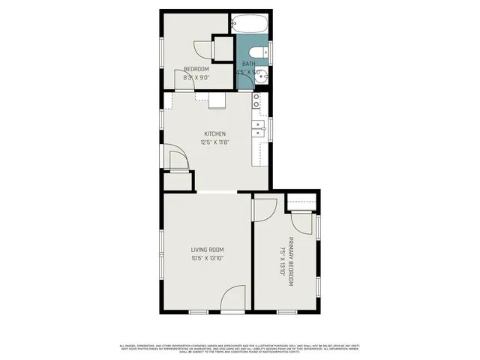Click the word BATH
(247, 64)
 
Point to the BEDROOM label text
(196, 69)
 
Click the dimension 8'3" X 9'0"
(196, 76)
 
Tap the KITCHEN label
(214, 134)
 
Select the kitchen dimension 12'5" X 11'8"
(214, 142)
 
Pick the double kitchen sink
(257, 130)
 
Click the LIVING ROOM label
(207, 250)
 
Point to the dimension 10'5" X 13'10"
(207, 258)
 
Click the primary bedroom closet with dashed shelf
(303, 202)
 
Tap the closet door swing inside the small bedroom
(202, 49)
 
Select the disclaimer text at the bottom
(240, 348)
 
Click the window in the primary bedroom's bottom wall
(287, 311)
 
